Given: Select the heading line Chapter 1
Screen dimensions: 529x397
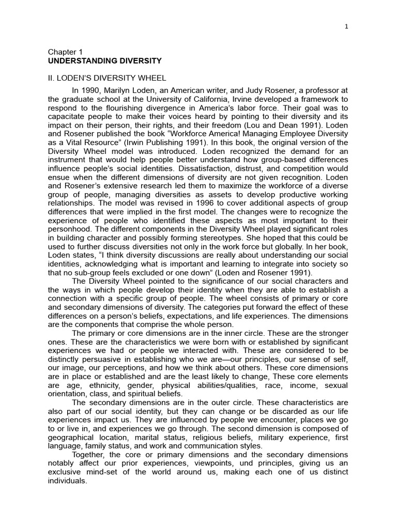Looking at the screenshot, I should [x=65, y=52].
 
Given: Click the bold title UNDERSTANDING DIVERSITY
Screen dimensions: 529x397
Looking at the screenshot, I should [x=105, y=61].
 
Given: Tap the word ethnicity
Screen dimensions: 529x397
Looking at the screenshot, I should [x=108, y=386].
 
